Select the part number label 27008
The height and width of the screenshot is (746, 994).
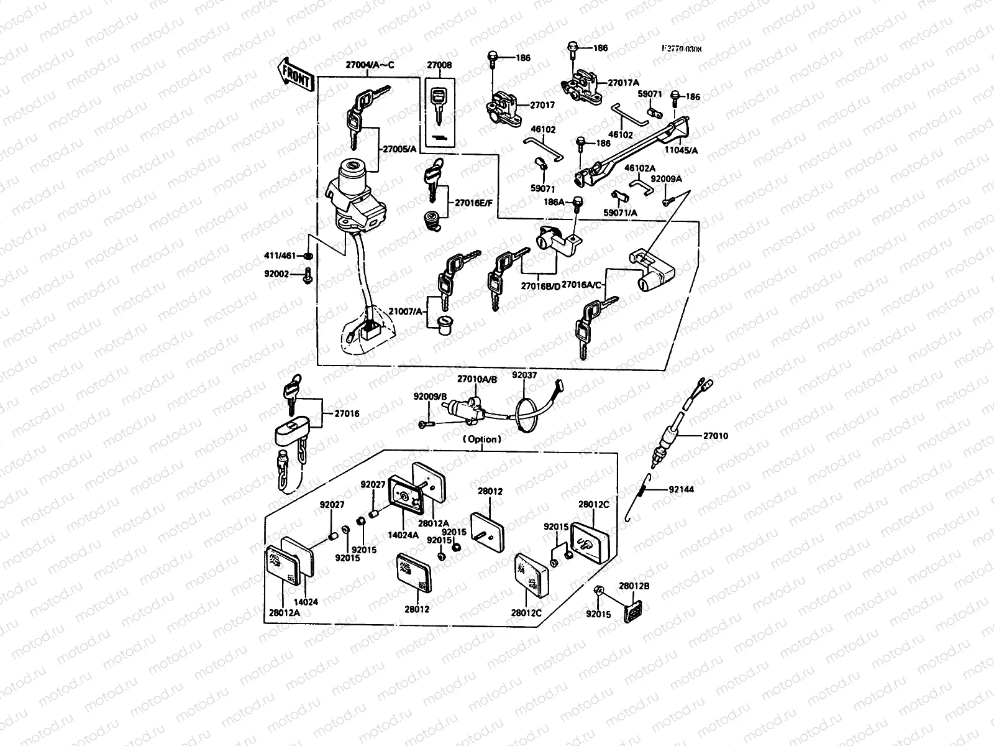(x=439, y=65)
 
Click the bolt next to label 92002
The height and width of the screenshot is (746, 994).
(x=308, y=276)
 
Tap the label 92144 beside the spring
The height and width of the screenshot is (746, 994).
(x=681, y=490)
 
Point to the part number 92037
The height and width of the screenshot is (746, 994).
(x=524, y=375)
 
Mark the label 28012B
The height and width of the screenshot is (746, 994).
(x=634, y=586)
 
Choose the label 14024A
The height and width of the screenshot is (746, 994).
(x=402, y=534)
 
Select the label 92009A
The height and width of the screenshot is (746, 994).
(x=666, y=179)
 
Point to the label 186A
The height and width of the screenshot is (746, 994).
(x=554, y=202)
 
